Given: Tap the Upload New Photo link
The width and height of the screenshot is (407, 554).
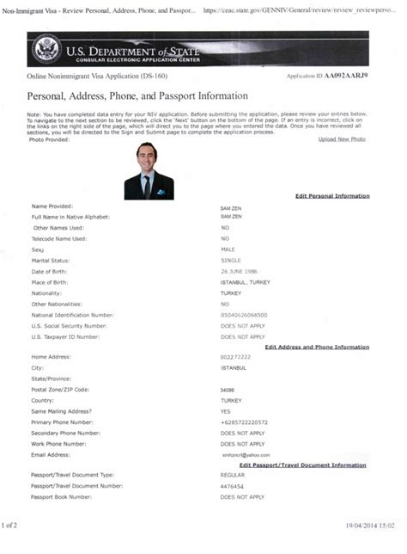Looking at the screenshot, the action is [341, 139].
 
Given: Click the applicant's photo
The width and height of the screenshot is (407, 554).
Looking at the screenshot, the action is [149, 171].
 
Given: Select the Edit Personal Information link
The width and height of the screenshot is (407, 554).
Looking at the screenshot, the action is [331, 196].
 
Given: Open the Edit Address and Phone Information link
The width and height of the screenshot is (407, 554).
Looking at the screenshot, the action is [317, 347].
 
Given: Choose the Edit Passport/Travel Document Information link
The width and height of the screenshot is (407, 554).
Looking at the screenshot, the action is [304, 465].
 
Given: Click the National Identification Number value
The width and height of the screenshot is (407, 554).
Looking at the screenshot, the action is [244, 315].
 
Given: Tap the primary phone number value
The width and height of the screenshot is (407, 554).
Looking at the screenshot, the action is [244, 422].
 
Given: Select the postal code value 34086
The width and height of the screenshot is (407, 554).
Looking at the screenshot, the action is [228, 390].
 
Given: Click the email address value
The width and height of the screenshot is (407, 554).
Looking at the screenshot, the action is [244, 455].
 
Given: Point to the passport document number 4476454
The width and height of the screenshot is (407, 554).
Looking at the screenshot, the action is [232, 486].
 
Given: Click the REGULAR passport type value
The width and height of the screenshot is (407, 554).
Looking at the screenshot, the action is [232, 475].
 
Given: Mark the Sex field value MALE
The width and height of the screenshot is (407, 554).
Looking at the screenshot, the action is [228, 249].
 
